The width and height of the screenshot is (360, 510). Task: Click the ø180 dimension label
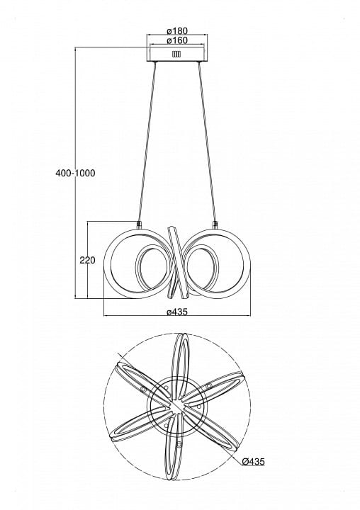coord(177,31)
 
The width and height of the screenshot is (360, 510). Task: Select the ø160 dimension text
coord(177,40)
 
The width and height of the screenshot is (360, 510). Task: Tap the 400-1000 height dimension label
coord(76,173)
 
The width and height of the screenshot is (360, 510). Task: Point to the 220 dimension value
coord(88,260)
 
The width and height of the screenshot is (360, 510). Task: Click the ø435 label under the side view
coord(177,312)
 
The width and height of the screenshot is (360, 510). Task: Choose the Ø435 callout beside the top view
coord(254,461)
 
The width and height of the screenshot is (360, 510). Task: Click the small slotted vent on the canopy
coord(176,54)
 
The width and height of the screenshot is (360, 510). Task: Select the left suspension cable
coord(147,142)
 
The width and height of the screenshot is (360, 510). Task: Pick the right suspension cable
coord(207,142)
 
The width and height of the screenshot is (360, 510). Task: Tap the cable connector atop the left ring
coord(139,225)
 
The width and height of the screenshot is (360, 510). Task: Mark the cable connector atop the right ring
coord(215,225)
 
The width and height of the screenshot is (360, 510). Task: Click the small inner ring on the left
coord(151,268)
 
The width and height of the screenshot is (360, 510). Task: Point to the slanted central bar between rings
coord(178,263)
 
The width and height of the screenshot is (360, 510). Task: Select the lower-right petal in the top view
coord(212,429)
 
